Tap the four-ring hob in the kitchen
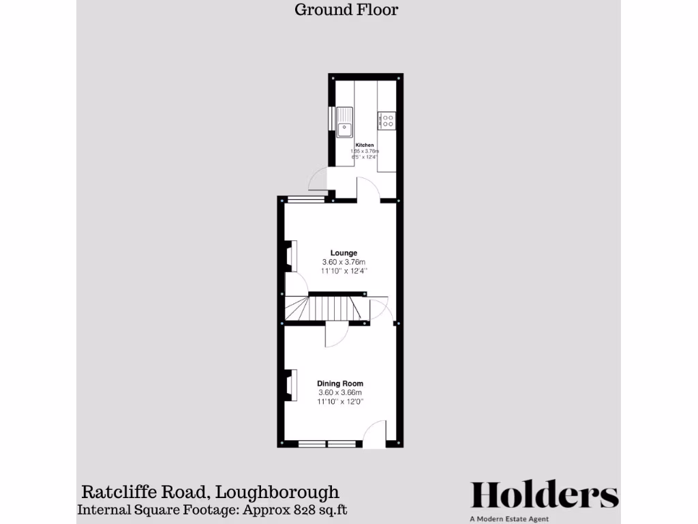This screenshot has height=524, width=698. pos(387,121)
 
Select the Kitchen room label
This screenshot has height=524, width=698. pos(364,145)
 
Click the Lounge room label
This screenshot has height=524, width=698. pos(344,253)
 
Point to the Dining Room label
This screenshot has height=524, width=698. pos(340,383)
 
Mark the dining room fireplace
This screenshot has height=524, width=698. pos(290,385)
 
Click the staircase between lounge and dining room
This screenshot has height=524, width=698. pos(334,308)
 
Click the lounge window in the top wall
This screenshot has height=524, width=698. pos(305,199)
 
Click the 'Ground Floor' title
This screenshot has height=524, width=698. pos(346,10)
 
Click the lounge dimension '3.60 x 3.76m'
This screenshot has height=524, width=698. pos(344,262)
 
